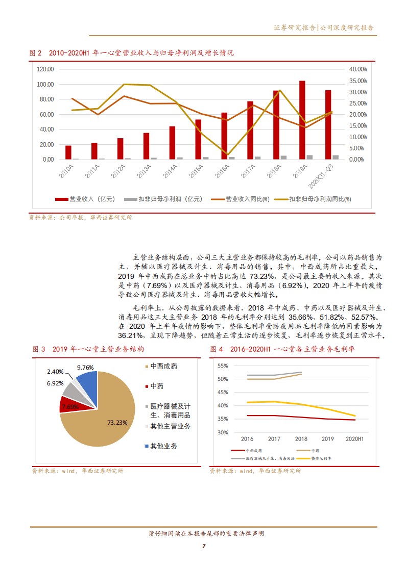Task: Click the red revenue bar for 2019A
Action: pos(302,120)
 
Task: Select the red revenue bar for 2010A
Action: pos(68,152)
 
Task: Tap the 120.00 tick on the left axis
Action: pos(46,69)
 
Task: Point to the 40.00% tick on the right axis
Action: pos(358,69)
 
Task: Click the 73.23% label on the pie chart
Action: pos(117,423)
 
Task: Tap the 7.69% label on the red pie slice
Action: pos(70,407)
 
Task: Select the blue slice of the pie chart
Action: pos(87,383)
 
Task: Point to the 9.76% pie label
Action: pos(85,367)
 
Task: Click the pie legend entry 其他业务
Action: pos(164,446)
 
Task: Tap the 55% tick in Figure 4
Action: pos(222,366)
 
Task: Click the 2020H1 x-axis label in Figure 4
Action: pos(355,438)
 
